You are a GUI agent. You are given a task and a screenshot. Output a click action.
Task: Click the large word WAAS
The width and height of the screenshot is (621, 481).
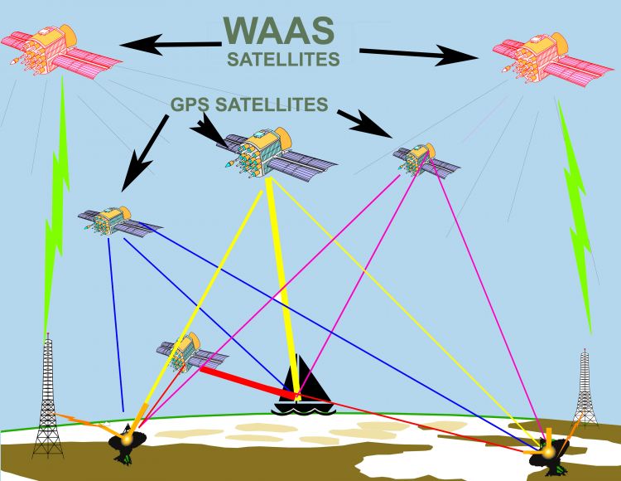[278, 29]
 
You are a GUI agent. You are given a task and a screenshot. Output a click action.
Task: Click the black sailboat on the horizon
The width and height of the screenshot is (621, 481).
[298, 391]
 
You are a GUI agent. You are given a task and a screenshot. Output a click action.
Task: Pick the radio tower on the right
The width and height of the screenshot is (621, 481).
[585, 391]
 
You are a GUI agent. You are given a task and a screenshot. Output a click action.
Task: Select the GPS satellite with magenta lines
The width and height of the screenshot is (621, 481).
[423, 158]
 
